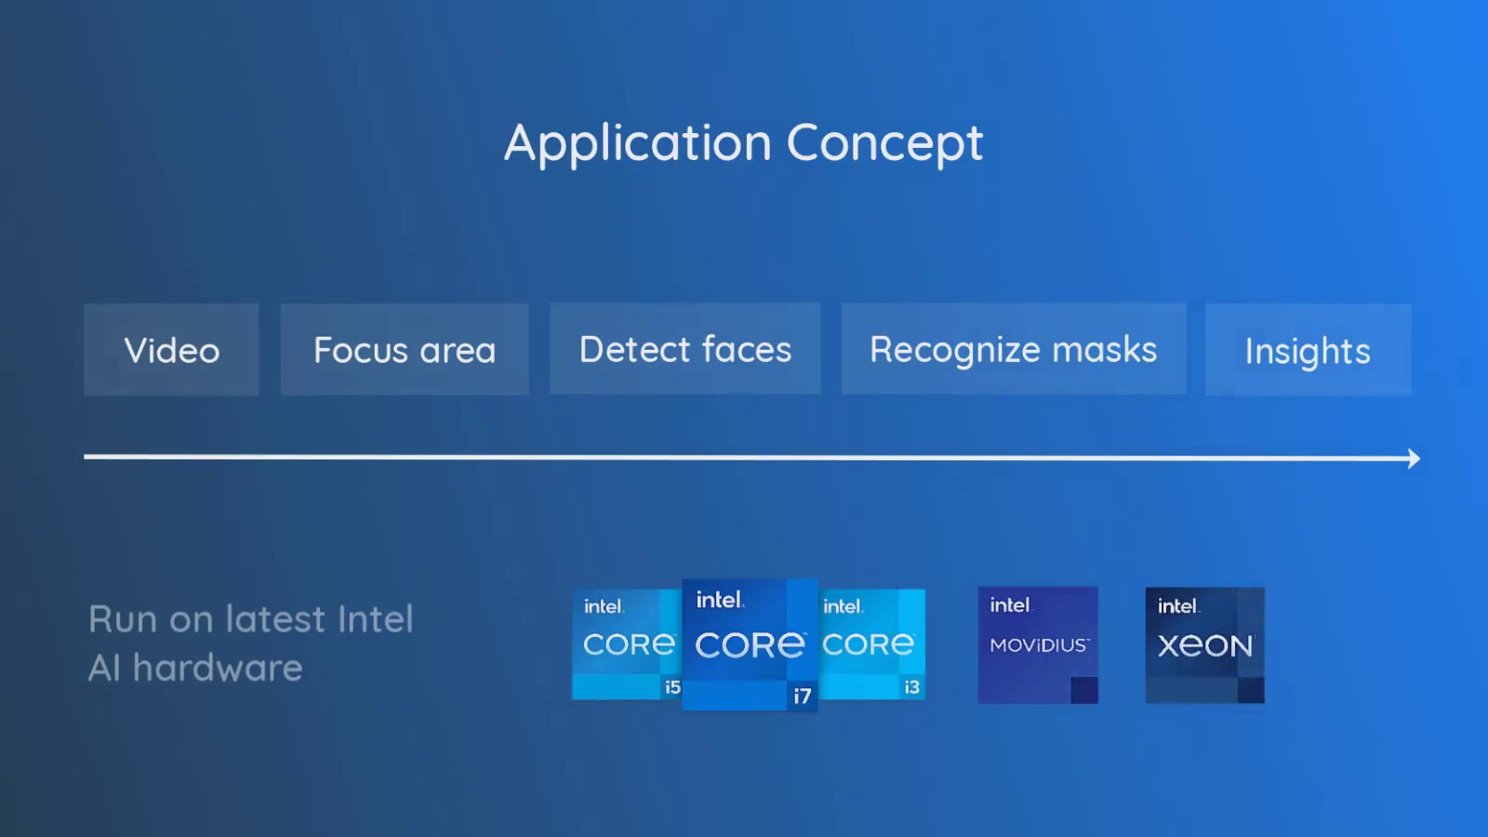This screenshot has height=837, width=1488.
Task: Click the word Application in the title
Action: [638, 144]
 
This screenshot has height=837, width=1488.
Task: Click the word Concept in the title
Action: [884, 144]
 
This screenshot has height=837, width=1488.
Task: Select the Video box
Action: [172, 351]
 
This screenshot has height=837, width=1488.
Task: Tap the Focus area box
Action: [405, 351]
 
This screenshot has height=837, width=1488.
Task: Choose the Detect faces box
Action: [685, 350]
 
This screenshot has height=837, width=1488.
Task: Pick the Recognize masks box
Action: [1014, 350]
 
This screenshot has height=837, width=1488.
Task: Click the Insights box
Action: [1308, 351]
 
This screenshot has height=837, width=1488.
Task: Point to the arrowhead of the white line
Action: [1414, 458]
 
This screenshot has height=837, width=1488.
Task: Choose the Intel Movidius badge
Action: [1038, 644]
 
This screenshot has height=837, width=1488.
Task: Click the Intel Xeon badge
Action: [1204, 644]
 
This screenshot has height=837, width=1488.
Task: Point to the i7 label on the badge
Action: [802, 696]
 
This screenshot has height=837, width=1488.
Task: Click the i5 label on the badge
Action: [672, 687]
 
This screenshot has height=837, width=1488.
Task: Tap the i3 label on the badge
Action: [911, 687]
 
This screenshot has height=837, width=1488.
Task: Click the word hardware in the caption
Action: [218, 668]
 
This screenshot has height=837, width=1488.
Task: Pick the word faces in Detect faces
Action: [747, 350]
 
